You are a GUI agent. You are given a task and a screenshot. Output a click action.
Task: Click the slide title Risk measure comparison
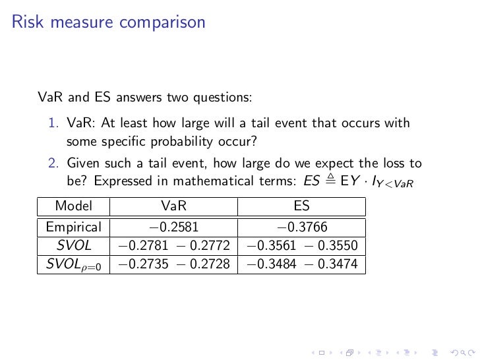(x=109, y=22)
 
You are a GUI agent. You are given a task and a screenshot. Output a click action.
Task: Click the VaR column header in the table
(x=174, y=206)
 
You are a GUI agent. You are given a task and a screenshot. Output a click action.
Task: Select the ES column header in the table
(x=301, y=206)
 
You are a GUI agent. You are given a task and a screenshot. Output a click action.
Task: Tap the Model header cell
(x=73, y=206)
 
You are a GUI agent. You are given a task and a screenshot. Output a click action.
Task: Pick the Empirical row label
(x=73, y=228)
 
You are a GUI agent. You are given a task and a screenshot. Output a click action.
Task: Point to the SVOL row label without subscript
(x=73, y=247)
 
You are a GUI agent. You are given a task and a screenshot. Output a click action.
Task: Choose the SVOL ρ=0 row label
(x=73, y=265)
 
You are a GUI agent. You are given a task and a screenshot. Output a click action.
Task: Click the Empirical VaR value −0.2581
(x=174, y=228)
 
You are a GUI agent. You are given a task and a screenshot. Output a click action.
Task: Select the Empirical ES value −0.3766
(x=301, y=228)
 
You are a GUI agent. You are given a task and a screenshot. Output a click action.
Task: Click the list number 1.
(x=53, y=123)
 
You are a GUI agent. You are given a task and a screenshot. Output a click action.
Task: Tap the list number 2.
(x=53, y=164)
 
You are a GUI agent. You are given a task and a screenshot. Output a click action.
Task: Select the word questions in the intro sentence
(x=222, y=98)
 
